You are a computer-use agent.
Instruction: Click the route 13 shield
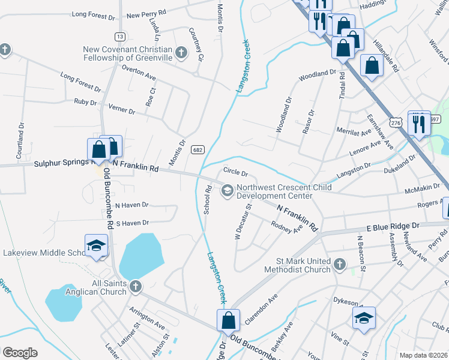click(121, 37)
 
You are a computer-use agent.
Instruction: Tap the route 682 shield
click(196, 149)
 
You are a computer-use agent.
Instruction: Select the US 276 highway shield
click(395, 122)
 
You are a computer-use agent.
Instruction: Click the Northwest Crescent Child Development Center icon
click(228, 191)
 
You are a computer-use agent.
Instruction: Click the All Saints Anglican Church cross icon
click(136, 287)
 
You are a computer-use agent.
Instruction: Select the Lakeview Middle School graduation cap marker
click(96, 247)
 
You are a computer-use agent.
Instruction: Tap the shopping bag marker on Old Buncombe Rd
click(229, 320)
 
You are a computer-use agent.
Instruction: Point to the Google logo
click(20, 353)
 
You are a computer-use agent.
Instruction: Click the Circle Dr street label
click(236, 172)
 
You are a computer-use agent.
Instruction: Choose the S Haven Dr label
click(131, 223)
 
